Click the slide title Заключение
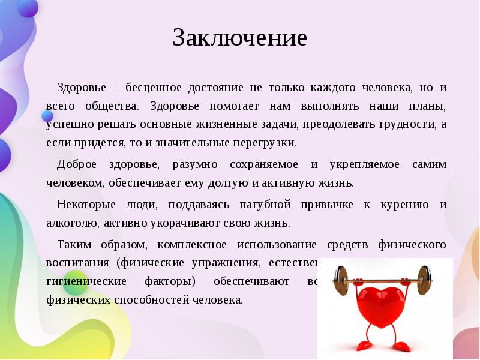pyautogui.click(x=239, y=38)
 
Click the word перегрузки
pyautogui.click(x=269, y=144)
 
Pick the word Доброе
pyautogui.click(x=75, y=164)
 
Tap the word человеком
pyautogui.click(x=71, y=183)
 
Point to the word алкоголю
pyautogui.click(x=72, y=223)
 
